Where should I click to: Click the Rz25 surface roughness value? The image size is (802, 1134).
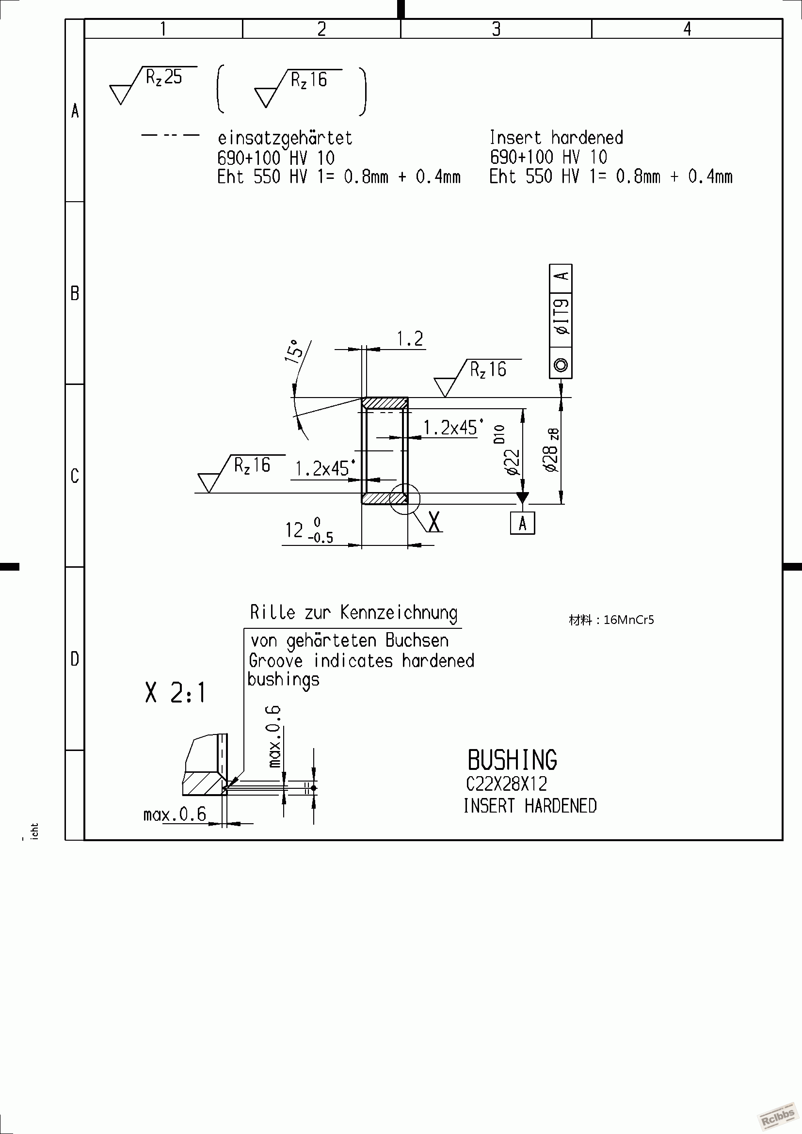164,78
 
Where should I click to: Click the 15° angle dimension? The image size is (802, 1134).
294,351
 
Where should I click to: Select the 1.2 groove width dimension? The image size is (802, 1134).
410,339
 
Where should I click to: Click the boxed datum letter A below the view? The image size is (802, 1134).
523,524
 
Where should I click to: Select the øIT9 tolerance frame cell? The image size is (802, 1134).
561,317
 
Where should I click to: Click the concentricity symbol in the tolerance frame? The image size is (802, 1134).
561,365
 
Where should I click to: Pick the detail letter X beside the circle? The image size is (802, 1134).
434,521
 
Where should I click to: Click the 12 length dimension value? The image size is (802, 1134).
294,530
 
